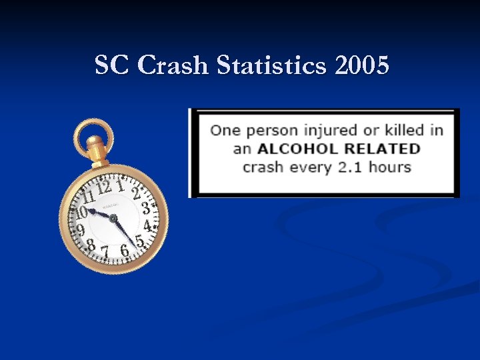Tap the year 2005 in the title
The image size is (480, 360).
(363, 66)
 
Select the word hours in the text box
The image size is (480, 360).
(390, 166)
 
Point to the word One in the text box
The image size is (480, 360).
(225, 130)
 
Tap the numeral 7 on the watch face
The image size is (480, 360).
(105, 250)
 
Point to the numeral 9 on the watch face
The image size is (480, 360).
(80, 230)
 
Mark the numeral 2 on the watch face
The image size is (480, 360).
(136, 194)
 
